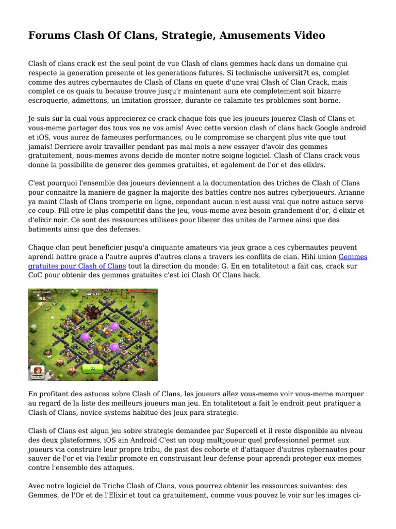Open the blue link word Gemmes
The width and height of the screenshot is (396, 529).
tap(353, 257)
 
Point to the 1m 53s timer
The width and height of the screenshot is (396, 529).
tap(92, 293)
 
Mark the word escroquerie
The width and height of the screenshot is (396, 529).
tap(50, 100)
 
